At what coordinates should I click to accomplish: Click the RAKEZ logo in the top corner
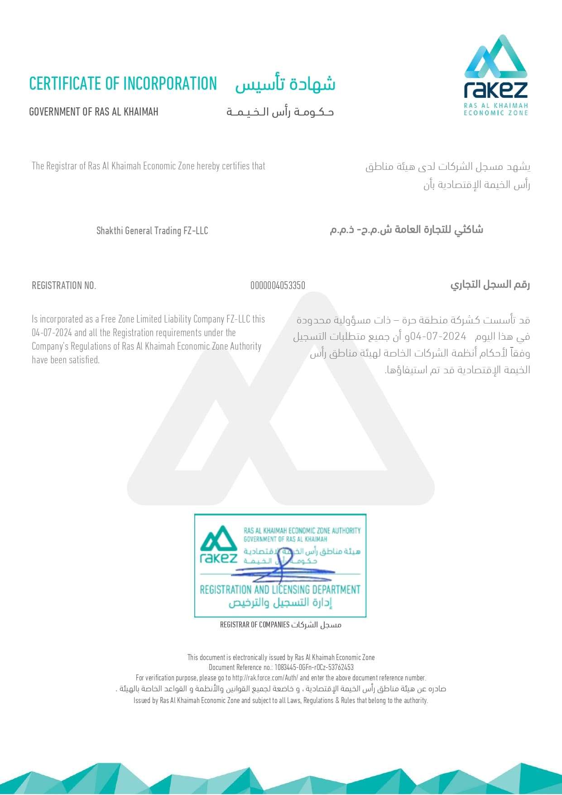coord(496,75)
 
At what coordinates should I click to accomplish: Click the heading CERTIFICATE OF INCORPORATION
coord(123,84)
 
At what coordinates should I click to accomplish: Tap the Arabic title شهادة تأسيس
coord(285,84)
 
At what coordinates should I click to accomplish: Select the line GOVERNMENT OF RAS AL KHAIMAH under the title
coord(94,112)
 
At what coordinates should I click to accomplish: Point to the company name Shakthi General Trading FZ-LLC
coord(152,231)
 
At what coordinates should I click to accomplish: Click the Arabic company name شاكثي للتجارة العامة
coord(406,230)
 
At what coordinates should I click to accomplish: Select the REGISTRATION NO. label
coord(64,285)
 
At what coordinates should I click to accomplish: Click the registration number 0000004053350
coord(278,285)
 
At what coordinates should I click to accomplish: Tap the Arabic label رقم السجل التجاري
coord(490,284)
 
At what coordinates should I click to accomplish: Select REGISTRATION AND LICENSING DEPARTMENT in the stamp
coord(280,589)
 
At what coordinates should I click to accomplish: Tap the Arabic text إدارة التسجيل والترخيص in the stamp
coord(280,603)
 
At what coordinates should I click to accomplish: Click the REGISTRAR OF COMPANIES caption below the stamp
coord(255,625)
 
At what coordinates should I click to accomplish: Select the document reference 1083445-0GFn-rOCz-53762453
coord(314,667)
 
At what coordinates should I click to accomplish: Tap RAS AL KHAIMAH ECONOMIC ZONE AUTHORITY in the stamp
coord(302,530)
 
